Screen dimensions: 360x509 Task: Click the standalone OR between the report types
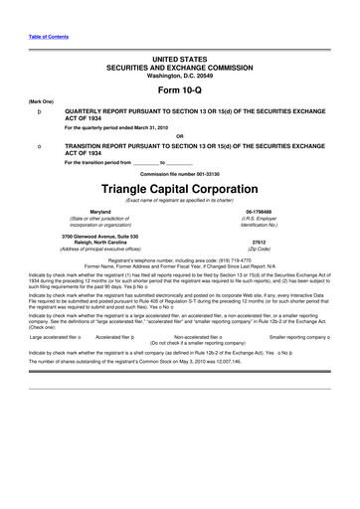point(180,136)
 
